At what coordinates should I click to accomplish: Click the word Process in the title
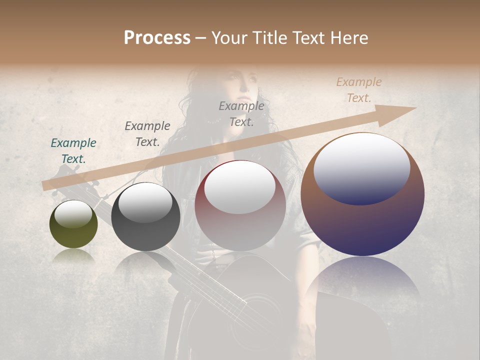(157, 38)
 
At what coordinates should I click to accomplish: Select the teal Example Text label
(73, 151)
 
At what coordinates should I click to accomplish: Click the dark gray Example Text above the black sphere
(147, 134)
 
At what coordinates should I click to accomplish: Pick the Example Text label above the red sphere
(241, 114)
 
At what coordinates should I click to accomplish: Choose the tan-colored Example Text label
(358, 90)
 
